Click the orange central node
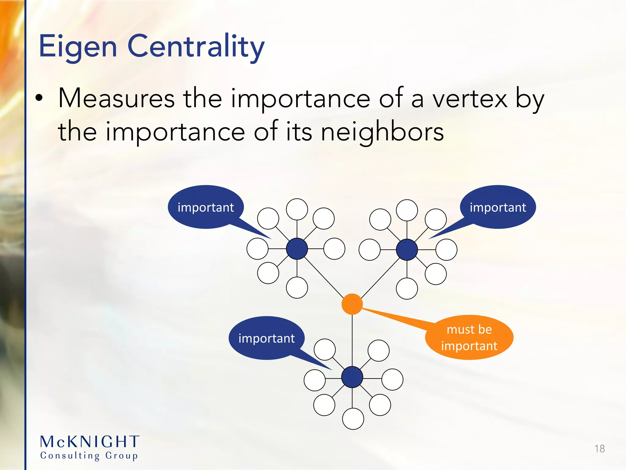coord(352,304)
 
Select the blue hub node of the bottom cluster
coord(352,377)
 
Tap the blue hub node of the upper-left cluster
coord(297,249)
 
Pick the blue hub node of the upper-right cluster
coord(407,250)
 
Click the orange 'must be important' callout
coord(469,338)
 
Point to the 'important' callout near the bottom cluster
coord(266,338)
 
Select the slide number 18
coord(599,449)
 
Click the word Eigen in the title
coord(78,47)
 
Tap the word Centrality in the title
coord(196,47)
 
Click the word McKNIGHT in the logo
coord(90,442)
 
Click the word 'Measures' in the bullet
coord(116,99)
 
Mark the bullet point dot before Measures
coord(39,99)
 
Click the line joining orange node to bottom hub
coord(352,340)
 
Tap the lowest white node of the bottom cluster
coord(353,419)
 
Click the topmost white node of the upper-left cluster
coord(297,209)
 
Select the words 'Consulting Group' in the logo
coord(89,456)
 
